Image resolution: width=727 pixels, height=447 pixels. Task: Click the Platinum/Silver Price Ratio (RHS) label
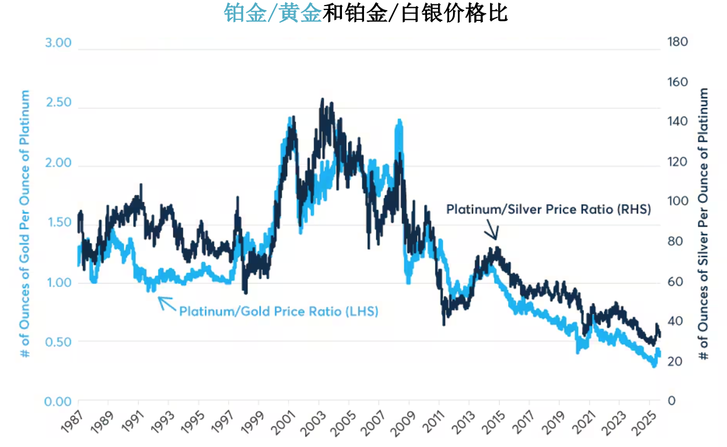(549, 210)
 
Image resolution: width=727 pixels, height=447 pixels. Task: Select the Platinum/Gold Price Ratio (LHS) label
(278, 311)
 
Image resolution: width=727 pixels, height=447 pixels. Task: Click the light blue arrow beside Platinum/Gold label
(166, 302)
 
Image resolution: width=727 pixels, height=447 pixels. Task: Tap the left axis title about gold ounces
(25, 223)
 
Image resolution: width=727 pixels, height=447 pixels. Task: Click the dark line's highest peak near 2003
(322, 100)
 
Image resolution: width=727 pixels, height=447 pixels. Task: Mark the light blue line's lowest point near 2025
(654, 364)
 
